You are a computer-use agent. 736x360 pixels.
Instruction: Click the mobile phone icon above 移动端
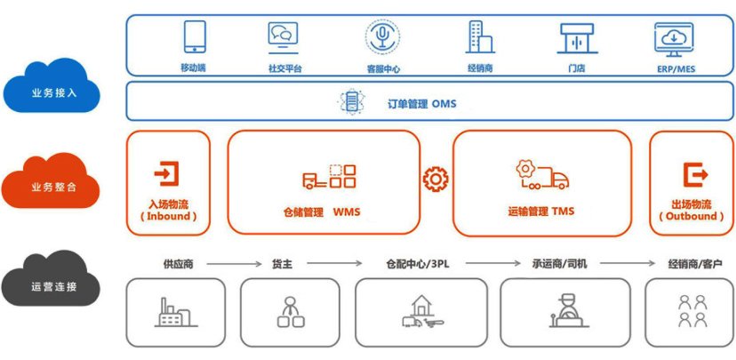pos(195,37)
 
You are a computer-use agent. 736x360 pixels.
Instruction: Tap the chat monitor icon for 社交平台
pos(283,36)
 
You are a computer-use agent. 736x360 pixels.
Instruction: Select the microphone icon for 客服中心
pos(383,36)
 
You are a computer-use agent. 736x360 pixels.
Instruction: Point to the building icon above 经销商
pos(479,37)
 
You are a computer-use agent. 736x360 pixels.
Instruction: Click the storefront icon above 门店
pos(577,38)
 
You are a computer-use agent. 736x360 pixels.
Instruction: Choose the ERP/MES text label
pos(676,69)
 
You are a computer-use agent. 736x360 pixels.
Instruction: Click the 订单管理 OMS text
pos(421,104)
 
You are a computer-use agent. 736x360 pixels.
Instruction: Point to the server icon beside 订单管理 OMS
pos(352,102)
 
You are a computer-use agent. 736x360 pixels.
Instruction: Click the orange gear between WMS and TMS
pos(436,179)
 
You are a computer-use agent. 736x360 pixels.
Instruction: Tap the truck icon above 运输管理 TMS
pos(542,175)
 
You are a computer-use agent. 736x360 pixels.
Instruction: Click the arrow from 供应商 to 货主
pos(234,264)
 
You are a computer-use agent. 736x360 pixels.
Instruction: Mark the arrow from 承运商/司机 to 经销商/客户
pos(628,264)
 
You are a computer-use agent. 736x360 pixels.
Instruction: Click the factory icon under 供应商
pos(176,312)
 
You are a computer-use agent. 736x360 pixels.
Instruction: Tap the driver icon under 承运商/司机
pos(569,310)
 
